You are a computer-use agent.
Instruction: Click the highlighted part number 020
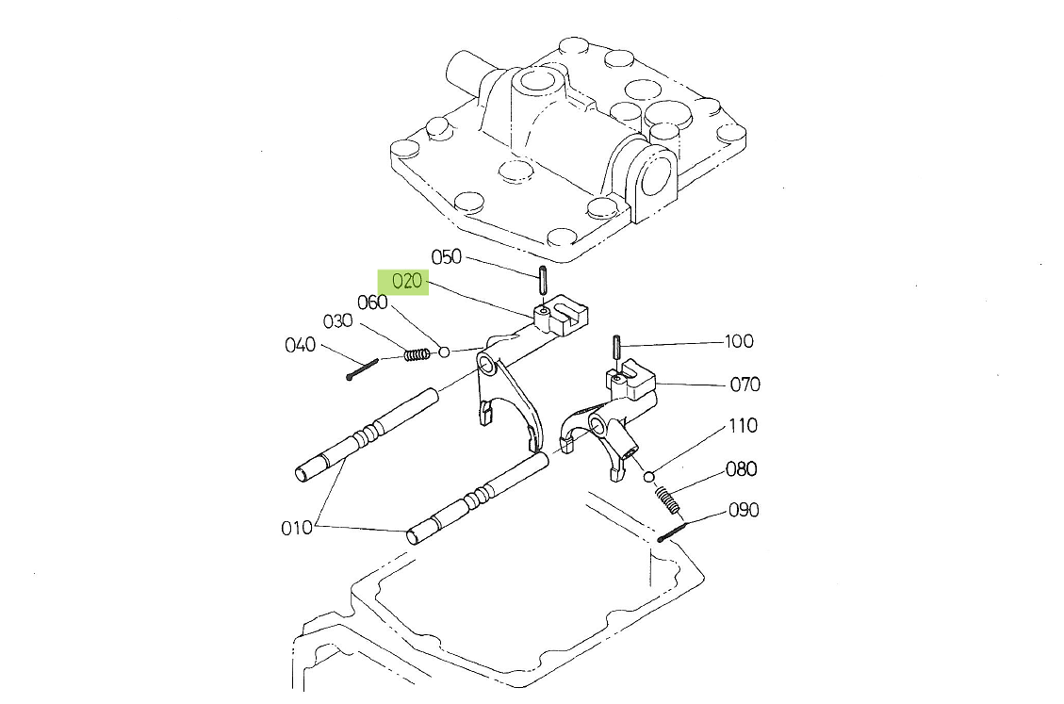tap(407, 281)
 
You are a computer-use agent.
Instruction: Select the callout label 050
tap(447, 256)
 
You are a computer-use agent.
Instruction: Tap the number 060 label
tap(372, 303)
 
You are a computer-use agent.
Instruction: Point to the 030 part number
tap(337, 321)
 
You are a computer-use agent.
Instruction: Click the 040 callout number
tap(300, 345)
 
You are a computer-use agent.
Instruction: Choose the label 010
tap(297, 528)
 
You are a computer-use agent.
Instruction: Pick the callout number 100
tap(739, 341)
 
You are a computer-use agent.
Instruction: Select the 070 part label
tap(745, 385)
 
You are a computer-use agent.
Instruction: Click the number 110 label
tap(743, 426)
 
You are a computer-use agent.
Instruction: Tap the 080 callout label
tap(741, 469)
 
